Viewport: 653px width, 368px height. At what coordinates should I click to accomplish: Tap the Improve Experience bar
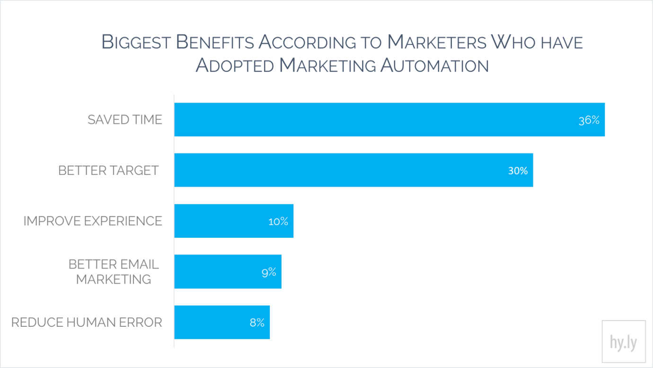click(x=222, y=221)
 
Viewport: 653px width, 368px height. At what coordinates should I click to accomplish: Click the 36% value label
click(x=589, y=120)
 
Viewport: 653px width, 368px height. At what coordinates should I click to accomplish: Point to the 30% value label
click(x=518, y=171)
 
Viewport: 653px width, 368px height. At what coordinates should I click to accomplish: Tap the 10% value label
click(x=278, y=222)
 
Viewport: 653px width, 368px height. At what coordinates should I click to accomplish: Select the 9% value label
click(x=268, y=272)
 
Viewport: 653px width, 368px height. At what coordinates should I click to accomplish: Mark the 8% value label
click(x=257, y=323)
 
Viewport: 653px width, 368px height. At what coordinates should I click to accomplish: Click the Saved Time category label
click(x=125, y=120)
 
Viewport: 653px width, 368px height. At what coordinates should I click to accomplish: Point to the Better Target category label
click(x=108, y=171)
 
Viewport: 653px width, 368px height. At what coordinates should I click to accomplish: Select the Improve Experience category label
click(x=93, y=221)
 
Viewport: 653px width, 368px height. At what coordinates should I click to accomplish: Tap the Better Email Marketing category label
click(x=114, y=272)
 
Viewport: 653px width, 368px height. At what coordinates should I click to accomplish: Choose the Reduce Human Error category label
click(x=87, y=323)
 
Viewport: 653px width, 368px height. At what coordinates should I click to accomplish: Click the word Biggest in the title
click(x=136, y=43)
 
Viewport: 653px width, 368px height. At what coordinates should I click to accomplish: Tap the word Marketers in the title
click(x=437, y=43)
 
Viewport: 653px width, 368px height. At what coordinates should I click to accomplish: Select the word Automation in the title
click(x=434, y=65)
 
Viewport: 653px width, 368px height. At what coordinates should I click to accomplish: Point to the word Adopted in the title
click(x=235, y=65)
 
